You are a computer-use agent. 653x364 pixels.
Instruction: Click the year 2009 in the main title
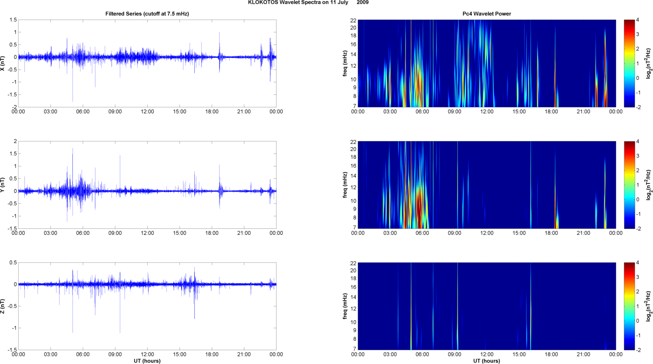pos(362,3)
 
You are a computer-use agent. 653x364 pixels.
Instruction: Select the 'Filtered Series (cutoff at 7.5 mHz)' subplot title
pos(147,14)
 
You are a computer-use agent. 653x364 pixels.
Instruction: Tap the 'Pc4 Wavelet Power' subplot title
pos(487,14)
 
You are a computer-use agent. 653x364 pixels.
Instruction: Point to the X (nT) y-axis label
pos(3,63)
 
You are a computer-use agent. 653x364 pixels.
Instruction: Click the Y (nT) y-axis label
pos(3,185)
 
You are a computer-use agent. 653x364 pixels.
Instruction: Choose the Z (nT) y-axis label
pos(3,306)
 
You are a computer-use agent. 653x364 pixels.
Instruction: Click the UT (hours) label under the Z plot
pos(147,361)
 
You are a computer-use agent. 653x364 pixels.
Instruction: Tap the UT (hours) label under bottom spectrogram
pos(487,361)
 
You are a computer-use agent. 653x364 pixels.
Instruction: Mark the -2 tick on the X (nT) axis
pos(15,107)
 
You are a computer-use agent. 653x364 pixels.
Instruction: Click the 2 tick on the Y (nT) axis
pos(15,142)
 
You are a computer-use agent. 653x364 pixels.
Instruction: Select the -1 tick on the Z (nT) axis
pos(15,328)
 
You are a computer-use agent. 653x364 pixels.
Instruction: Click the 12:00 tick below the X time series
pos(147,112)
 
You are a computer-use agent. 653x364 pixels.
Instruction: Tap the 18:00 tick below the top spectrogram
pos(551,112)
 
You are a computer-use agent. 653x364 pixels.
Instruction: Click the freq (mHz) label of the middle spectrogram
pos(345,185)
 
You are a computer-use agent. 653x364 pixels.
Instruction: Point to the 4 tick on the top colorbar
pos(638,20)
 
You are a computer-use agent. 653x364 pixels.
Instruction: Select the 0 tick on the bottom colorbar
pos(638,321)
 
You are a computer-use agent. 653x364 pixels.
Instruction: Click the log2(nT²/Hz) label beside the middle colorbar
pos(648,185)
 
